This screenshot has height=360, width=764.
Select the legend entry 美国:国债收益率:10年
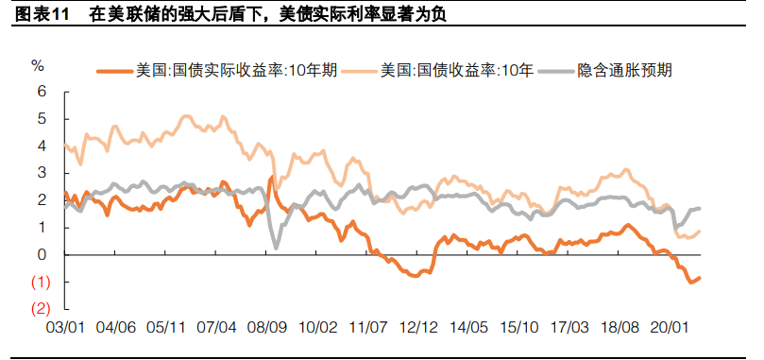457,70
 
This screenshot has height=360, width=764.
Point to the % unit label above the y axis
38,66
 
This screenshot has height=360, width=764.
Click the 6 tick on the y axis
41,92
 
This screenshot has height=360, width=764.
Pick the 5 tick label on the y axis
41,119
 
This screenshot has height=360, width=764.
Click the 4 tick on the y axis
41,146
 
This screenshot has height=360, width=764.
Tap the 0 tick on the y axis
41,254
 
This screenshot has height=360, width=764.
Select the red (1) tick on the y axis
40,282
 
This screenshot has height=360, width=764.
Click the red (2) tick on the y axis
40,308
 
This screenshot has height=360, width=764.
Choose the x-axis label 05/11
166,327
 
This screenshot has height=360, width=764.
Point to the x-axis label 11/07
369,327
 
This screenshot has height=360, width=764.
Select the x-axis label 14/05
470,327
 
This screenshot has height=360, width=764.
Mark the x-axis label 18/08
623,327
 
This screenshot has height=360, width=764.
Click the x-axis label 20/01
673,327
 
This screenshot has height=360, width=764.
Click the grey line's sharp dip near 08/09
276,248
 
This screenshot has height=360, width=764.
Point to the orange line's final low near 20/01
690,282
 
